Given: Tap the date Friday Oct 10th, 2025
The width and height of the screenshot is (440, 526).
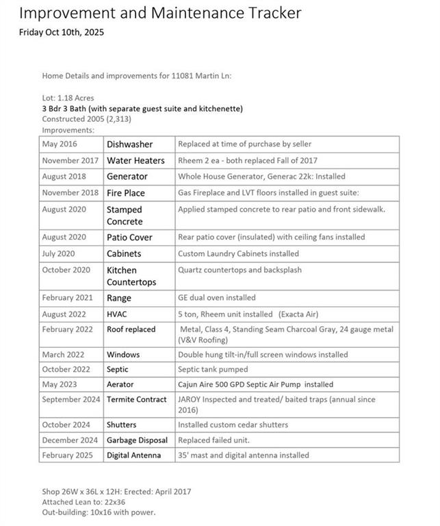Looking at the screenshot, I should pos(62,32).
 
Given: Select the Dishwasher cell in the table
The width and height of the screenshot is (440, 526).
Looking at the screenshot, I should pos(129,145).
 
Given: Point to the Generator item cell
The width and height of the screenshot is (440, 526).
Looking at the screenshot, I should pos(127,177).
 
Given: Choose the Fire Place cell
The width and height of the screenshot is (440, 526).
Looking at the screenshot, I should pos(126,193).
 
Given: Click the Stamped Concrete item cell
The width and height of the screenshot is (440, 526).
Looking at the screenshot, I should pos(125,215).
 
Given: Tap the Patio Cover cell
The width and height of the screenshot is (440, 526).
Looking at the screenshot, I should pos(129,237).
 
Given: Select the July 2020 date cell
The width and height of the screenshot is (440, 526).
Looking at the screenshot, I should pos(60,253).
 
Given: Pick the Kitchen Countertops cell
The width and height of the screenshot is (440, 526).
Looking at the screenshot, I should pos(131,276).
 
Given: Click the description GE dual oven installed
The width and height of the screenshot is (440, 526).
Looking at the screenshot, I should pos(217,298).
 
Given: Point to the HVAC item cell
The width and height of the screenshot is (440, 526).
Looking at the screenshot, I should pos(118,314).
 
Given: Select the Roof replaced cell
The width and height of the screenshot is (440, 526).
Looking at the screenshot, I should pos(131,329).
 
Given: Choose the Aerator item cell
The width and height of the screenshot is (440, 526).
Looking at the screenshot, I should pos(120,385).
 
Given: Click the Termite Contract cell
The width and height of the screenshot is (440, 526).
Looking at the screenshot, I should pos(137,399).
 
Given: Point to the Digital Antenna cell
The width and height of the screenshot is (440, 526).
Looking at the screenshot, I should pos(134,455).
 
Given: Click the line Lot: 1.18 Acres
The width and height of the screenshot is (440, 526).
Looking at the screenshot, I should pos(68,98).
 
